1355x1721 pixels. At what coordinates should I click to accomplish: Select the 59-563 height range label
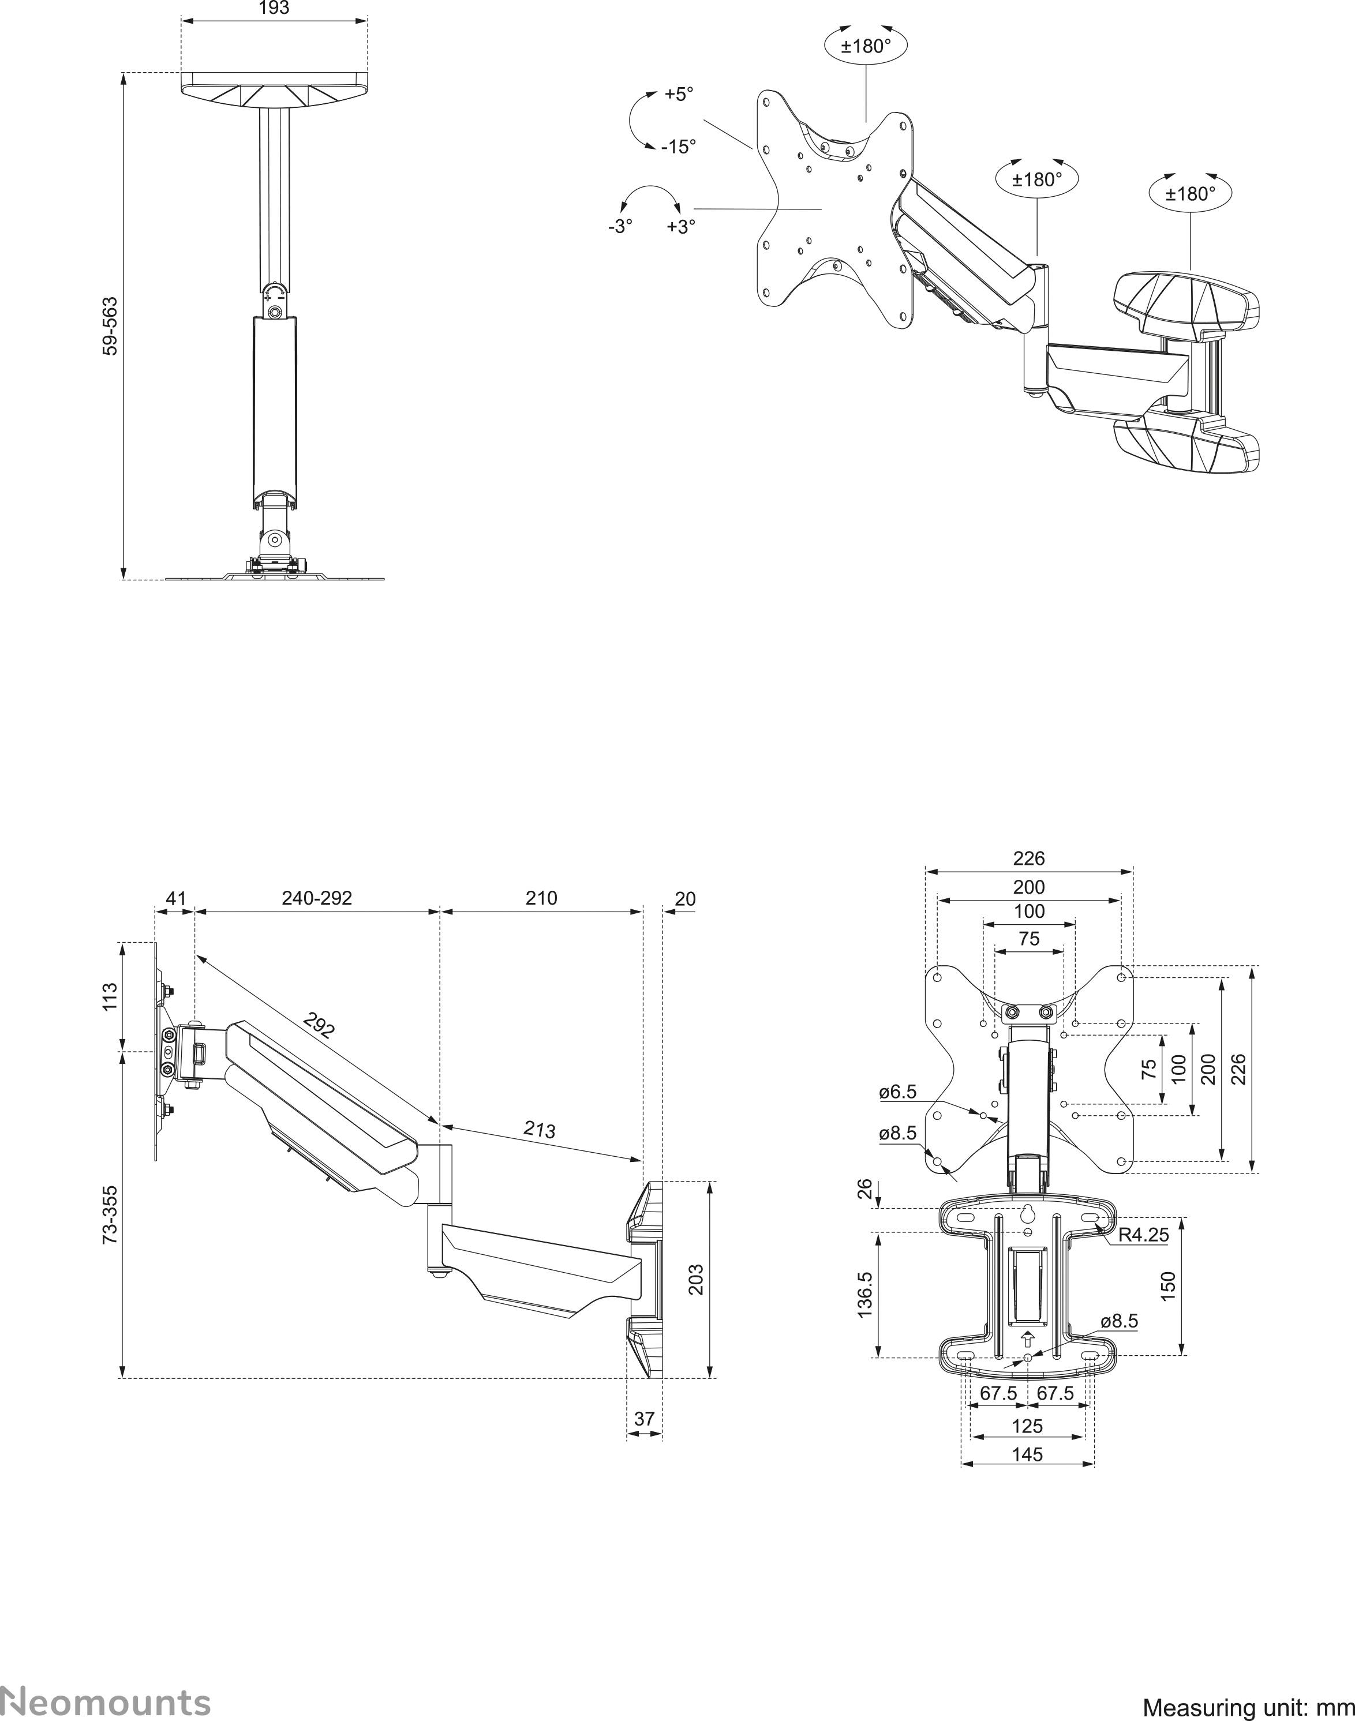pyautogui.click(x=110, y=326)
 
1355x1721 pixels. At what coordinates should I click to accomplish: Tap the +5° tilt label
pyautogui.click(x=679, y=95)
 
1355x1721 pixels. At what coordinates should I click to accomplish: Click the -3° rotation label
pyautogui.click(x=620, y=227)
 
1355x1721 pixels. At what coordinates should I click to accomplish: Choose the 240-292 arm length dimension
pyautogui.click(x=317, y=898)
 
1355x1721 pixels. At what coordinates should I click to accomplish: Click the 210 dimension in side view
pyautogui.click(x=541, y=898)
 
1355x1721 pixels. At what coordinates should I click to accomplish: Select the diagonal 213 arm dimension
pyautogui.click(x=540, y=1130)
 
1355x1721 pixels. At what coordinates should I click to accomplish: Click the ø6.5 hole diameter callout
pyautogui.click(x=897, y=1092)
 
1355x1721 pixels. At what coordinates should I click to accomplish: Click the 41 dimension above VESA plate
pyautogui.click(x=175, y=898)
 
